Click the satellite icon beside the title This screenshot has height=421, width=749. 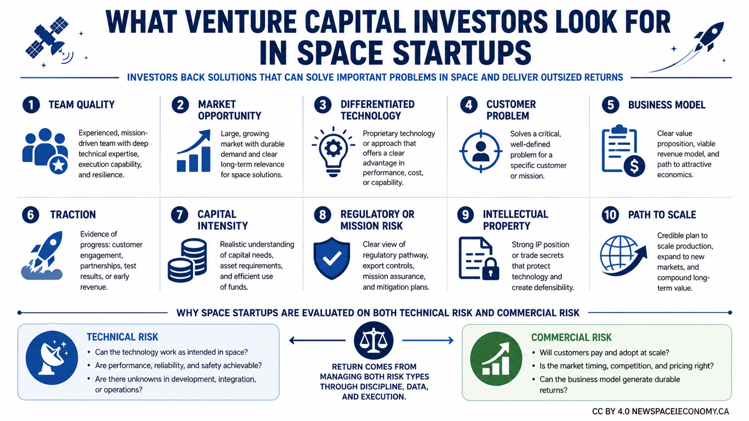pos(48,39)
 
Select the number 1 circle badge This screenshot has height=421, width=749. pos(31,105)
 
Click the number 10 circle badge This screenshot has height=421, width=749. pos(610,215)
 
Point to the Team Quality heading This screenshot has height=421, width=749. pos(82,105)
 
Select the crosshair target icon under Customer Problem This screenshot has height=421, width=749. pos(481,151)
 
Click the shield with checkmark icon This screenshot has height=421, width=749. pos(331,258)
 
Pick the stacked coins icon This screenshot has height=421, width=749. pos(187,260)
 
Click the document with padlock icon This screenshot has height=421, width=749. pos(479,258)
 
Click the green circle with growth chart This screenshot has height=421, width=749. pos(496,359)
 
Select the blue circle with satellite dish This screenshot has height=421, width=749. pos(52,358)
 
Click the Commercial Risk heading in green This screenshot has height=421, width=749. pos(571,337)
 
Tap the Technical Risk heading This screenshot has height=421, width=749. pos(122,337)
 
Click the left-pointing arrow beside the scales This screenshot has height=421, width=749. pos(317,340)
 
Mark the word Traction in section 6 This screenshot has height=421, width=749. pos(73,215)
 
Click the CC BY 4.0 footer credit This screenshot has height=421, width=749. pos(660,411)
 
